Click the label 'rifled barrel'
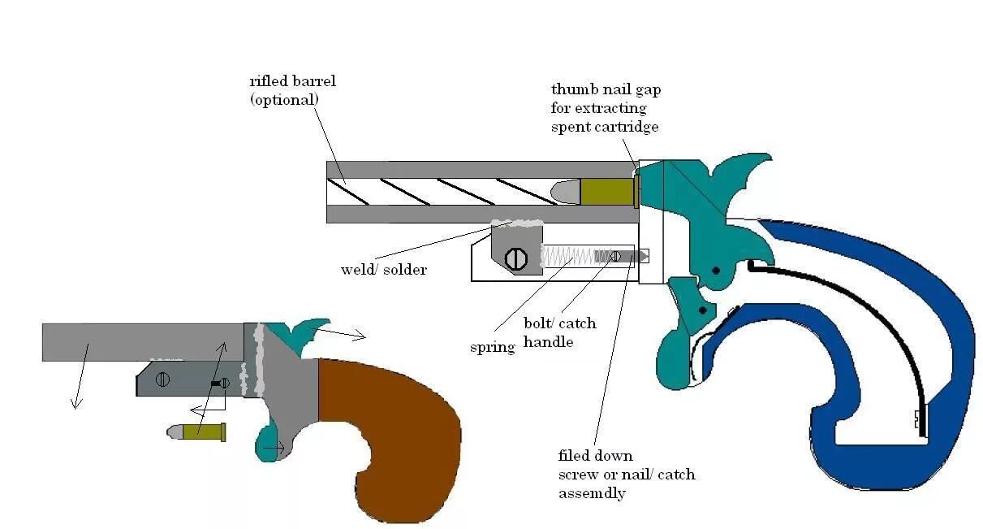point(292,81)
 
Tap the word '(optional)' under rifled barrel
point(284,99)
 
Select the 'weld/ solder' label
point(383,270)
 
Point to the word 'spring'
point(493,348)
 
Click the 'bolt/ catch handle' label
point(559,332)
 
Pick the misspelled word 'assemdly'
point(589,493)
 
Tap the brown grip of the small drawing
point(390,439)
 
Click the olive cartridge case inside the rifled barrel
point(606,192)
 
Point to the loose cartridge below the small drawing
point(196,431)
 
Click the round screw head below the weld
point(516,259)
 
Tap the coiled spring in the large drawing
point(567,257)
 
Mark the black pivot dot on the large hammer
point(716,270)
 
